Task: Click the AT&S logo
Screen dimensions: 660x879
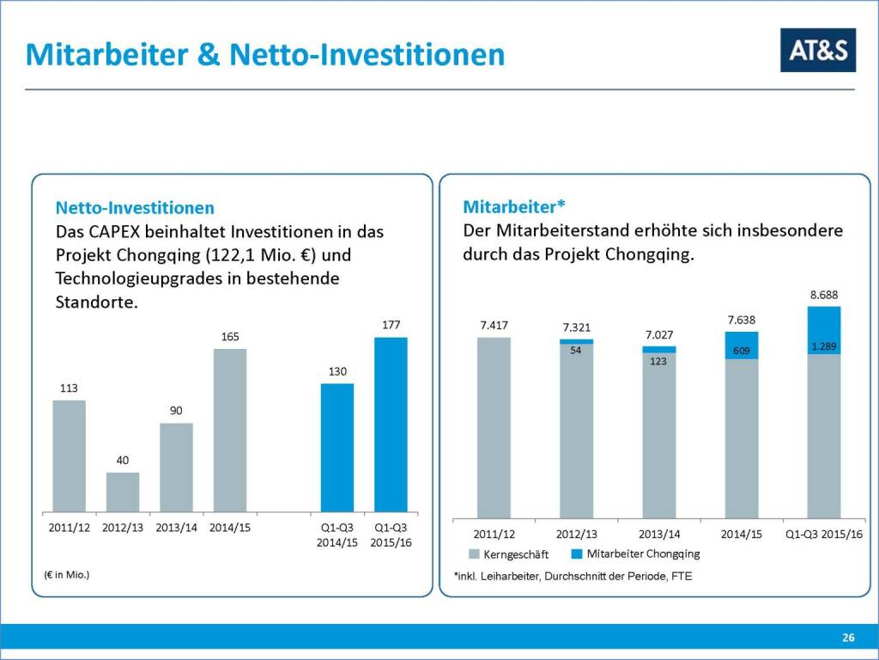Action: click(817, 50)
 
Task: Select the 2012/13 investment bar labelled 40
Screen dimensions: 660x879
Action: click(123, 492)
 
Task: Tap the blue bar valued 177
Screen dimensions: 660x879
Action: click(391, 425)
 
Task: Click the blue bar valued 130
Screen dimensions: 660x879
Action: click(337, 448)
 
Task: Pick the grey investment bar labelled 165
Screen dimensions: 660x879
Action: click(230, 430)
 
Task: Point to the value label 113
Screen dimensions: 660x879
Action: click(69, 388)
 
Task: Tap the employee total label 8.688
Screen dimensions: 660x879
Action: click(823, 295)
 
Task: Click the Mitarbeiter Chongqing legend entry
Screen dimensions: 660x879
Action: click(636, 553)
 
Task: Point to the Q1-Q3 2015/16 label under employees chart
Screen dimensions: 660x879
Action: click(823, 535)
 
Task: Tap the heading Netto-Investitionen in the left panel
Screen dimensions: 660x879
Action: click(135, 208)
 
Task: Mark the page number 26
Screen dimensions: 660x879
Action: click(848, 637)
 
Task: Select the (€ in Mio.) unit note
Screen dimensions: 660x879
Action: click(66, 573)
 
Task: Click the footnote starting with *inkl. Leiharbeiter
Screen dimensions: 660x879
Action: click(572, 576)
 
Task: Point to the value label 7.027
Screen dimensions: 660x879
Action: click(658, 334)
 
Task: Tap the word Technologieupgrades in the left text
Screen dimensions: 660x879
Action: click(152, 278)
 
